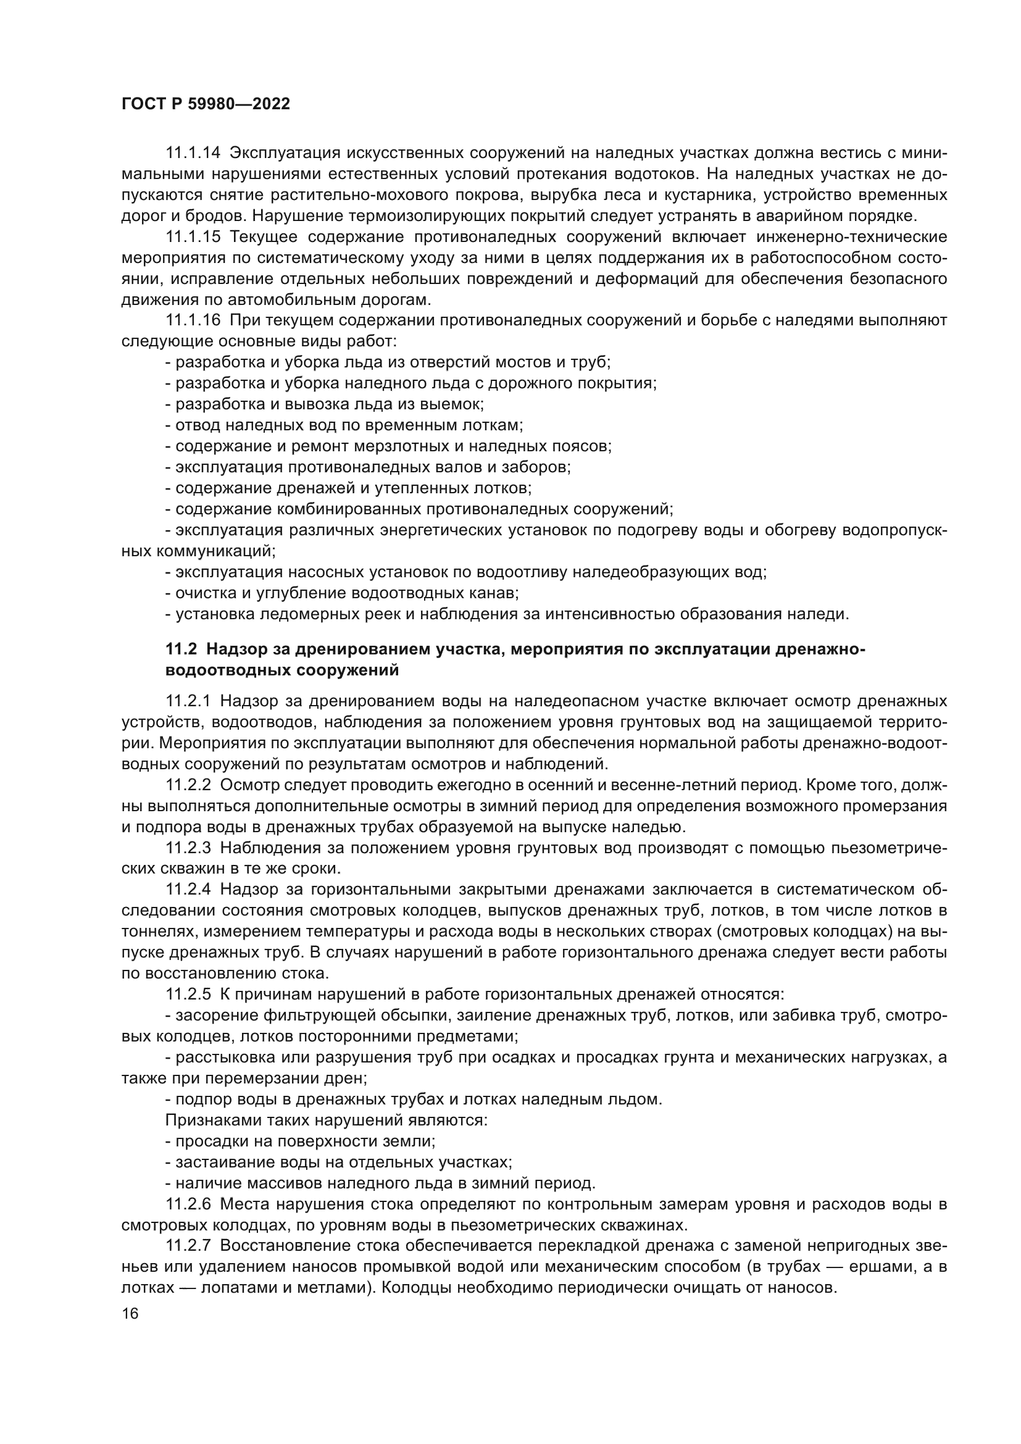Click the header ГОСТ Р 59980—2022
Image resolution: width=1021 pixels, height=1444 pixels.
(x=206, y=104)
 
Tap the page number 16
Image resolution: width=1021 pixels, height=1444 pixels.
(x=130, y=1313)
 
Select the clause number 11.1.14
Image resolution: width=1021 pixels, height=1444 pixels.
(x=193, y=153)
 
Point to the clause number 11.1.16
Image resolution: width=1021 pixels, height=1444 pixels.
(x=193, y=320)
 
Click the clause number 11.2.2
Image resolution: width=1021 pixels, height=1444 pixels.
(x=189, y=785)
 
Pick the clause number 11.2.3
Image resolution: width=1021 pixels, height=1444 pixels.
(x=189, y=848)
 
